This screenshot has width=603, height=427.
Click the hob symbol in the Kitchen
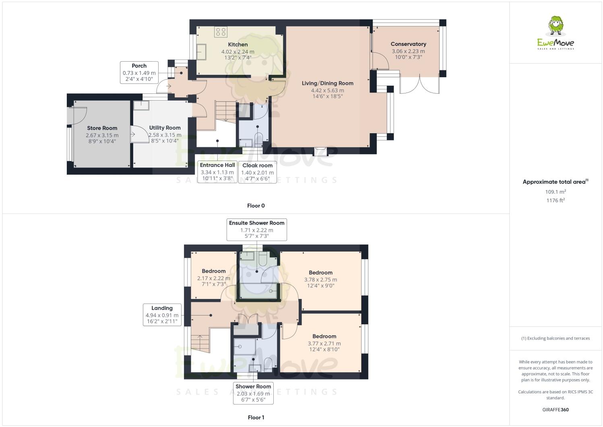click(221, 32)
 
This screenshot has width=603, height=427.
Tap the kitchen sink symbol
click(201, 52)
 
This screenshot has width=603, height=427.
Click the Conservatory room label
click(408, 44)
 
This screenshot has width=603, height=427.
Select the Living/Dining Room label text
click(328, 83)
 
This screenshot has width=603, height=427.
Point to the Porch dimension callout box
click(139, 72)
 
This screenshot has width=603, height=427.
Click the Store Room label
click(102, 128)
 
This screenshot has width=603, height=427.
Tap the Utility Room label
click(165, 128)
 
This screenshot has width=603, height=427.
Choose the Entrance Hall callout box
click(217, 172)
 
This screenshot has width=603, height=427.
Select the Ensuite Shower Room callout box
click(257, 229)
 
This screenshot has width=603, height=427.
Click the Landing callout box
click(162, 315)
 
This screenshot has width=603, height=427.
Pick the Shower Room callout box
click(253, 393)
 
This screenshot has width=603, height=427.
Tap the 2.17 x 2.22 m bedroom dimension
click(214, 278)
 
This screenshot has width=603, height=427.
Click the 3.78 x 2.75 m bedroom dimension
click(320, 280)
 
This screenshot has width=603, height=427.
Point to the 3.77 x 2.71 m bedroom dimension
click(324, 343)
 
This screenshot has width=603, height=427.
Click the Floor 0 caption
click(256, 206)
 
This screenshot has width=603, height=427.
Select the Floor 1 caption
click(256, 417)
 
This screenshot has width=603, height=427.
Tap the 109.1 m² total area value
click(556, 192)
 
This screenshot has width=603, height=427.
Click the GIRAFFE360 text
click(556, 410)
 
